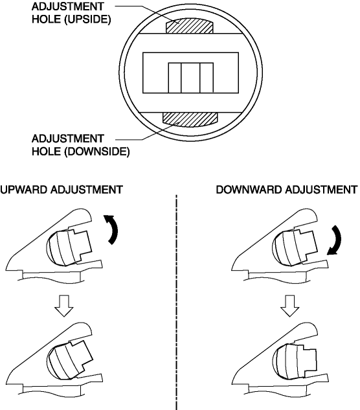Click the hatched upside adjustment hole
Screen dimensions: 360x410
pyautogui.click(x=190, y=26)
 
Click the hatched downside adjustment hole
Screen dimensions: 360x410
pyautogui.click(x=190, y=119)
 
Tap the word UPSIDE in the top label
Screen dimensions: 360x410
pyautogui.click(x=87, y=19)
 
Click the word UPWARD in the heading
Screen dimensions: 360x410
pyautogui.click(x=25, y=190)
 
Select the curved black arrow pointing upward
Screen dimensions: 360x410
pyautogui.click(x=111, y=229)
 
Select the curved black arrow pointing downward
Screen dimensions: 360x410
pyautogui.click(x=335, y=240)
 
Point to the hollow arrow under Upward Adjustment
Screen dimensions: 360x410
pyautogui.click(x=64, y=306)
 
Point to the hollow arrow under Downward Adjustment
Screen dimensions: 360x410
pyautogui.click(x=289, y=306)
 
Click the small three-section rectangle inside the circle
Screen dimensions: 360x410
pyautogui.click(x=190, y=78)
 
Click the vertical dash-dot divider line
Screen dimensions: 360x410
pyautogui.click(x=177, y=302)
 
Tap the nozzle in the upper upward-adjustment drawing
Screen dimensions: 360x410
pyautogui.click(x=69, y=247)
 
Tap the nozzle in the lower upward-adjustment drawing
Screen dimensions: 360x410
pyautogui.click(x=69, y=360)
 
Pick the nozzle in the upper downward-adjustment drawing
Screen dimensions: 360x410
pyautogui.click(x=295, y=247)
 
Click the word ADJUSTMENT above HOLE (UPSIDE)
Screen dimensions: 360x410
pyautogui.click(x=68, y=6)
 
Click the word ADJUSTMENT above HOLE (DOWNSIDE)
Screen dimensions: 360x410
pyautogui.click(x=68, y=139)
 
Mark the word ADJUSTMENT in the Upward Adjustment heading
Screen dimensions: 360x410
pyautogui.click(x=87, y=190)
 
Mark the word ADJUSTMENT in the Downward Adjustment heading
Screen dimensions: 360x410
pyautogui.click(x=321, y=190)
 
